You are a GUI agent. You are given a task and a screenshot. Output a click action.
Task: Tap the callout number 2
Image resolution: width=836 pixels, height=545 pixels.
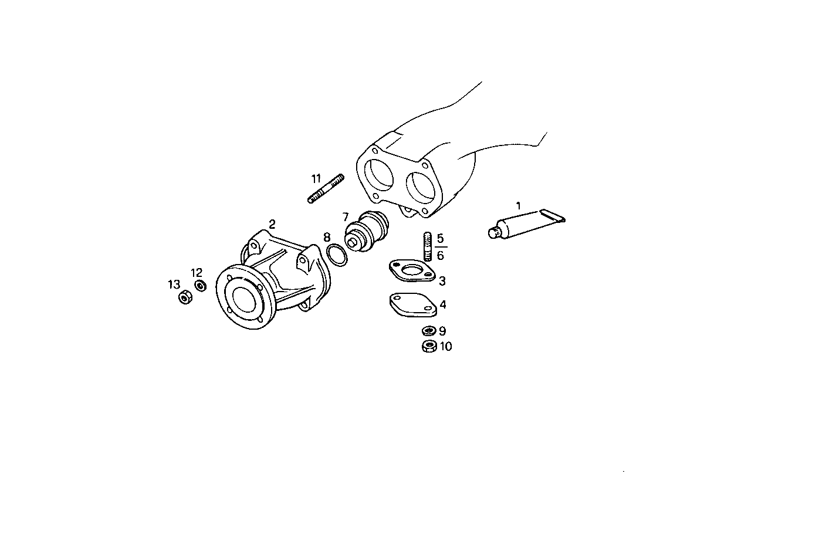(272, 224)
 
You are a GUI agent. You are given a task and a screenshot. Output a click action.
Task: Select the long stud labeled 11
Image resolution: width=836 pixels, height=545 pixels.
(326, 189)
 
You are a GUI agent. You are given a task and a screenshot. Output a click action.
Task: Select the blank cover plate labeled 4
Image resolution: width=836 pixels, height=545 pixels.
(413, 304)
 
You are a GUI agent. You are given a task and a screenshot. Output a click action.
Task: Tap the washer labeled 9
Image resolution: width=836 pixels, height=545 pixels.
(429, 331)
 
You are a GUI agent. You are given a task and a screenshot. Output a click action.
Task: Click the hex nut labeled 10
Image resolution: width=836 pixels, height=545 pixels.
(429, 346)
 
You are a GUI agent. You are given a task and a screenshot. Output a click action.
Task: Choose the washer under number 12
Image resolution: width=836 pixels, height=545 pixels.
(200, 286)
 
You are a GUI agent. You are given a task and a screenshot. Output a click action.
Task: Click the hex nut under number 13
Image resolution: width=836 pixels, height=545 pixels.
(185, 298)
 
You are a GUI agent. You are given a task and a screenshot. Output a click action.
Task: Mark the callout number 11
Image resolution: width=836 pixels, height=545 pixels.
(317, 178)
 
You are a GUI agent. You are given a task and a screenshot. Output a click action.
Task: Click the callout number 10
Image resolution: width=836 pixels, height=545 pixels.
(446, 347)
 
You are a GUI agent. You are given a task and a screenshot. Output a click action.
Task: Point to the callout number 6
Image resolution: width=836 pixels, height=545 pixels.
(441, 255)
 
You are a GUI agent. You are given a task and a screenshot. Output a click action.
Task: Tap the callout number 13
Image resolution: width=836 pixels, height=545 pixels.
(174, 285)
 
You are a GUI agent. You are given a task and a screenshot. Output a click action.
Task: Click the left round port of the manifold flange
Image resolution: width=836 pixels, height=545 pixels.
(378, 174)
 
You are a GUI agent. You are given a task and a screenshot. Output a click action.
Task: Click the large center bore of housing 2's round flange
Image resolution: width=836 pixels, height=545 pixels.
(243, 300)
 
